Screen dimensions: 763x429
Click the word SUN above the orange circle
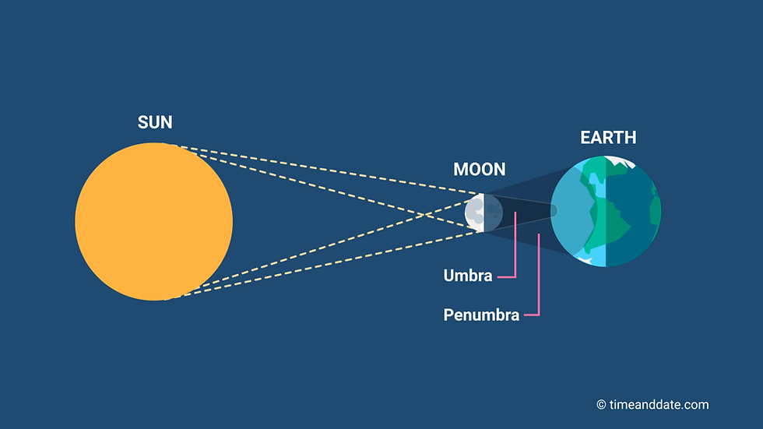(155, 122)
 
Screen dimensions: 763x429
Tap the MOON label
(480, 169)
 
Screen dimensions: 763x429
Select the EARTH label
(608, 138)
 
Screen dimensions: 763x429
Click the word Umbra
(468, 276)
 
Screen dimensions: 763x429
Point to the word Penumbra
(481, 315)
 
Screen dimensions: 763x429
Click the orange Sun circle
(154, 221)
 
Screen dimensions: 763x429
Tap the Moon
(483, 213)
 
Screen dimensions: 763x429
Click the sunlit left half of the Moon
(474, 213)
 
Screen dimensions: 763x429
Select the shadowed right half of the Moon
(494, 213)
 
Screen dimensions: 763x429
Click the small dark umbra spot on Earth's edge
(554, 211)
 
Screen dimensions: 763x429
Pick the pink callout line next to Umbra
(509, 244)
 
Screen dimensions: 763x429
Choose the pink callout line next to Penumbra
(534, 275)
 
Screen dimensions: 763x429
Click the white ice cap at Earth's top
(618, 161)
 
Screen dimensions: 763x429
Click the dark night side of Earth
(633, 212)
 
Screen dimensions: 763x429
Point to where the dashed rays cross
(426, 214)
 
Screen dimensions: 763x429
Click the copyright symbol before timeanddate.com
(601, 405)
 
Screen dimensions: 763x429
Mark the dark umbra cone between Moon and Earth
(519, 212)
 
